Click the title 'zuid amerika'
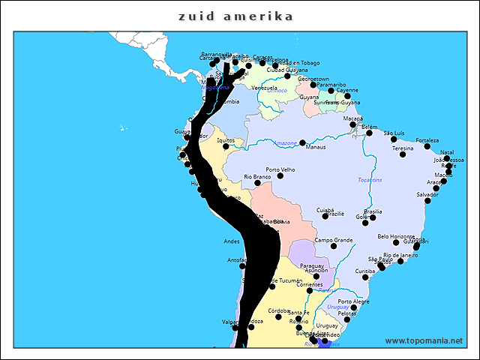[x=235, y=16]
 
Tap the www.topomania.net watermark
[x=424, y=340]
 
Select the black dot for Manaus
[x=302, y=142]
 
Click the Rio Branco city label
[x=257, y=177]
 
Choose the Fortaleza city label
[x=427, y=140]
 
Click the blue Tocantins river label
[x=370, y=180]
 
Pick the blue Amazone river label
[x=285, y=142]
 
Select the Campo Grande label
[x=333, y=240]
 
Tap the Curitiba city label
[x=365, y=271]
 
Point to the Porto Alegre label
[x=353, y=301]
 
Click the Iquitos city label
[x=226, y=140]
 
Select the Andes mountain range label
[x=232, y=241]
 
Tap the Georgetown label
[x=313, y=79]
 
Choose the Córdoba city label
[x=279, y=310]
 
